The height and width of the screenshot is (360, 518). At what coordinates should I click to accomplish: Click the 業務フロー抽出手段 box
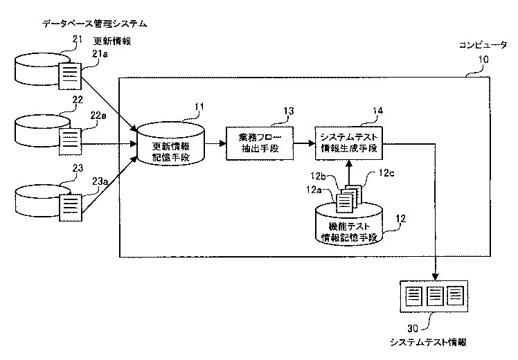(260, 143)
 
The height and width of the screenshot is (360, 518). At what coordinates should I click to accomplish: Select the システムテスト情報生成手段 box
(349, 143)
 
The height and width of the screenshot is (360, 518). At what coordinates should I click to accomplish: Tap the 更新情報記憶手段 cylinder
(170, 144)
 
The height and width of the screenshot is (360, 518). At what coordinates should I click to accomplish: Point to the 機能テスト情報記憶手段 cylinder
(349, 224)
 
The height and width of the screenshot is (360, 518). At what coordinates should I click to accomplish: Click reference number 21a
(100, 54)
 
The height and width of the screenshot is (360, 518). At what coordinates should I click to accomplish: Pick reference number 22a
(98, 116)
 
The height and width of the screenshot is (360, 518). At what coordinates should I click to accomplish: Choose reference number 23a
(100, 181)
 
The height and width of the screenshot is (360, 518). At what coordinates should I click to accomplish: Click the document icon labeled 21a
(70, 75)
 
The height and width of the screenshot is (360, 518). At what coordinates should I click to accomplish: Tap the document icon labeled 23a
(71, 208)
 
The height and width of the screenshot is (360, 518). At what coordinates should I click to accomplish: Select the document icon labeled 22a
(70, 141)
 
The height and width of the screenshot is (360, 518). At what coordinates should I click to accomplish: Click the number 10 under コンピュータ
(483, 60)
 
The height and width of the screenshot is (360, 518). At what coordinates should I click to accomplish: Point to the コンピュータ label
(483, 45)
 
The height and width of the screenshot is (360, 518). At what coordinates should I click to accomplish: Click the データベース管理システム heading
(94, 24)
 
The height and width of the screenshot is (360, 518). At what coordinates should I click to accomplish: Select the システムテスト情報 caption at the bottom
(428, 342)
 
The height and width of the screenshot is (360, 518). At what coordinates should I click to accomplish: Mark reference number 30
(413, 328)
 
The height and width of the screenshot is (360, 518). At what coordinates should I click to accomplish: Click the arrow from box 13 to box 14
(304, 143)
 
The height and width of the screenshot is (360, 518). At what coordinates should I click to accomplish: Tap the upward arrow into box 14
(348, 173)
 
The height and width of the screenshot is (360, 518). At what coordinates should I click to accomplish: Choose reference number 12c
(386, 173)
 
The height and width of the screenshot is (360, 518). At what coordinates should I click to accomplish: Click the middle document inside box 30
(435, 296)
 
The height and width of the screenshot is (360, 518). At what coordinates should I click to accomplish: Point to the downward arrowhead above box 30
(436, 276)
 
